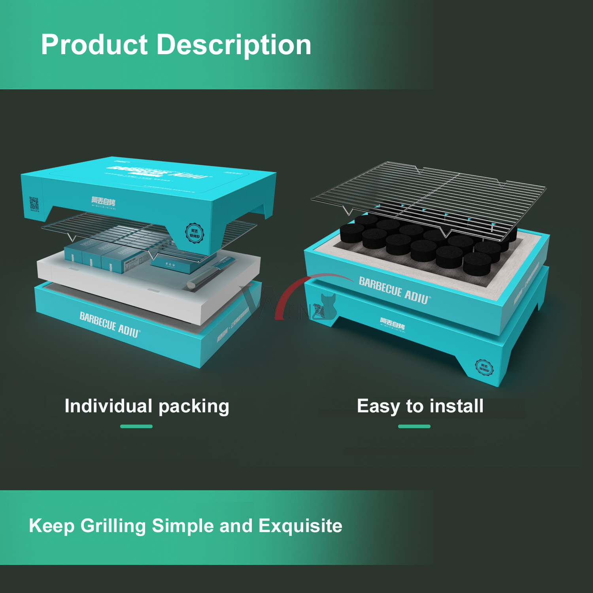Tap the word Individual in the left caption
pos(108,406)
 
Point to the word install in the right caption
pos(457,406)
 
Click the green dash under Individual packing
pos(136,426)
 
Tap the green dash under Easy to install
pos(414,426)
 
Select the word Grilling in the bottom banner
pos(113,526)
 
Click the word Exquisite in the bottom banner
pos(300,526)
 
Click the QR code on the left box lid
pos(34,204)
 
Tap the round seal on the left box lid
pos(195,233)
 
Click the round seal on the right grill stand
pos(484,368)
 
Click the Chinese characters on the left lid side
pos(103,201)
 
